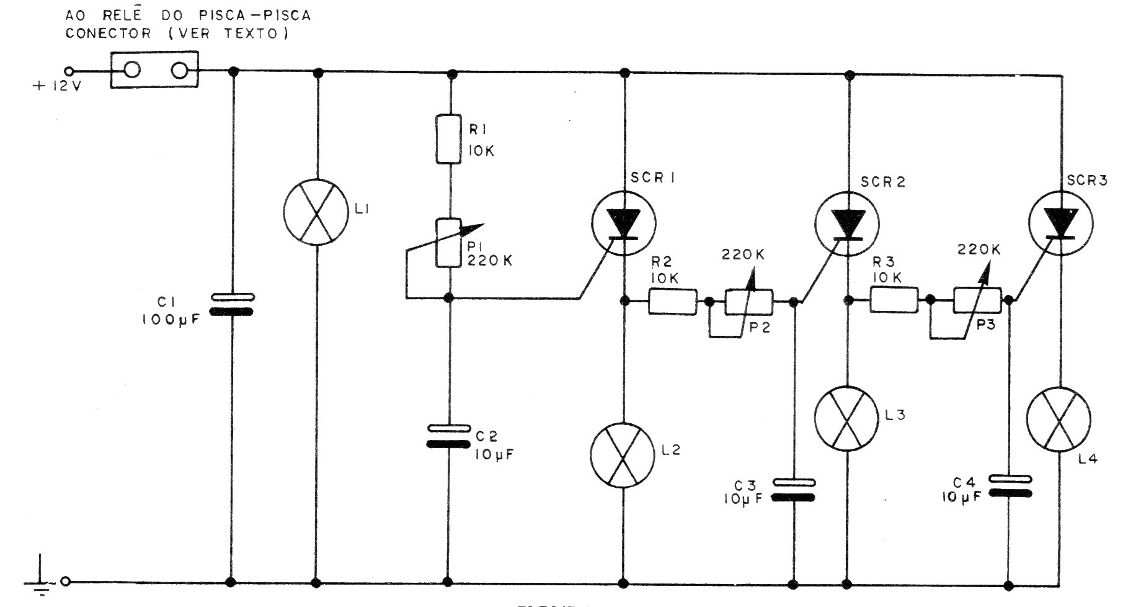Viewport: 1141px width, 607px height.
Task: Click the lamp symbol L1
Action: coord(317,214)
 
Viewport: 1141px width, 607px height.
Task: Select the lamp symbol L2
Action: coord(623,456)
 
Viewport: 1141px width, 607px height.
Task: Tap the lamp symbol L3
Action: coord(847,418)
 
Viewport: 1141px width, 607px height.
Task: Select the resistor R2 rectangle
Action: coord(673,301)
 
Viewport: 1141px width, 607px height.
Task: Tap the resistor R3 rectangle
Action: coord(894,300)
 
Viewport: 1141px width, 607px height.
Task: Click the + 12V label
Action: coord(56,86)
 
